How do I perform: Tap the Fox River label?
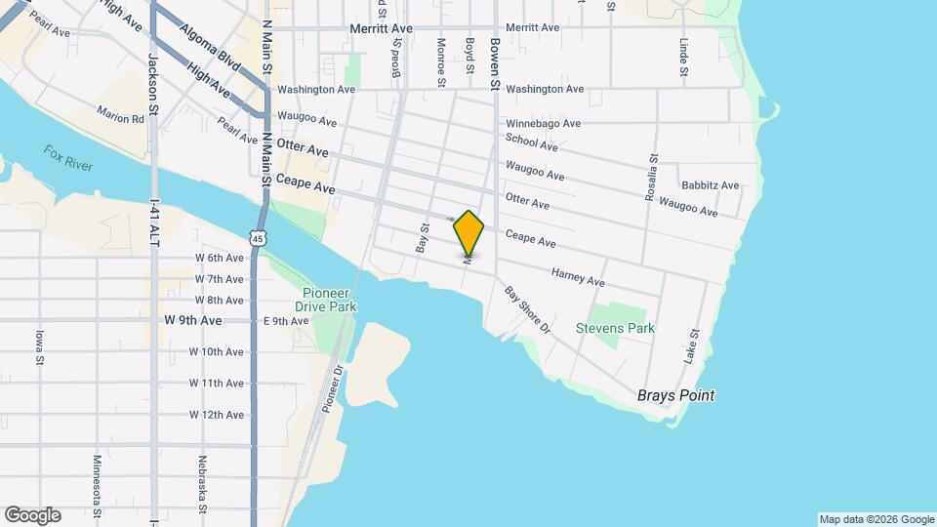[68, 158]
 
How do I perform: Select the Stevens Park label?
[615, 329]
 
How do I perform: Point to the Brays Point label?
[675, 395]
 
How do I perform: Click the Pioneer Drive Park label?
[329, 300]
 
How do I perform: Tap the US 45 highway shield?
[256, 237]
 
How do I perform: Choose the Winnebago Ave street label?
[543, 124]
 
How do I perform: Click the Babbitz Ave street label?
[710, 185]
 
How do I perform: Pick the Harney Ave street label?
[578, 278]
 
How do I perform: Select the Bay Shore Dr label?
[527, 309]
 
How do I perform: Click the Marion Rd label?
[120, 117]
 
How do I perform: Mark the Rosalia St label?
[651, 178]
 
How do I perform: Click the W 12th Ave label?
[217, 415]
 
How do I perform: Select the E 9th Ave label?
[286, 320]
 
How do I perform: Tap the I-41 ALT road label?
[153, 223]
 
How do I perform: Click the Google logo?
[32, 515]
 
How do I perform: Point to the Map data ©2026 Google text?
[876, 519]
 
